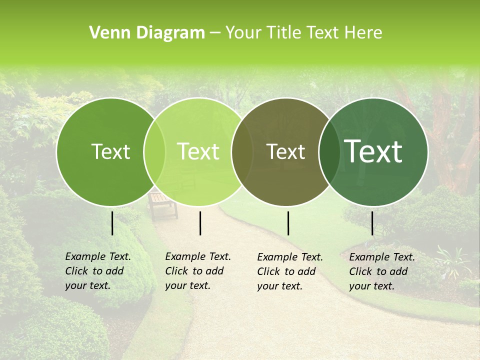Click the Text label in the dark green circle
coord(110,151)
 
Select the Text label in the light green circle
coord(198,151)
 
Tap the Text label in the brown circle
coord(285,152)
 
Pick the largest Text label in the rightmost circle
coord(373,151)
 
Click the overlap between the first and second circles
coord(154,151)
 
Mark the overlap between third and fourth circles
coord(329,151)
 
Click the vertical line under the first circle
coord(112,223)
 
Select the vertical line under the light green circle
coord(200,223)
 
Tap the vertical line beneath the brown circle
coord(288,223)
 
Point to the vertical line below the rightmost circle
coord(372,223)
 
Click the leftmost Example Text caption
coord(97,271)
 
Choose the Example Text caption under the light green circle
coord(197,271)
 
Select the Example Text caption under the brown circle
coord(289,271)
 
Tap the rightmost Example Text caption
coord(381,271)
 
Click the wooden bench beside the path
coord(162,204)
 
